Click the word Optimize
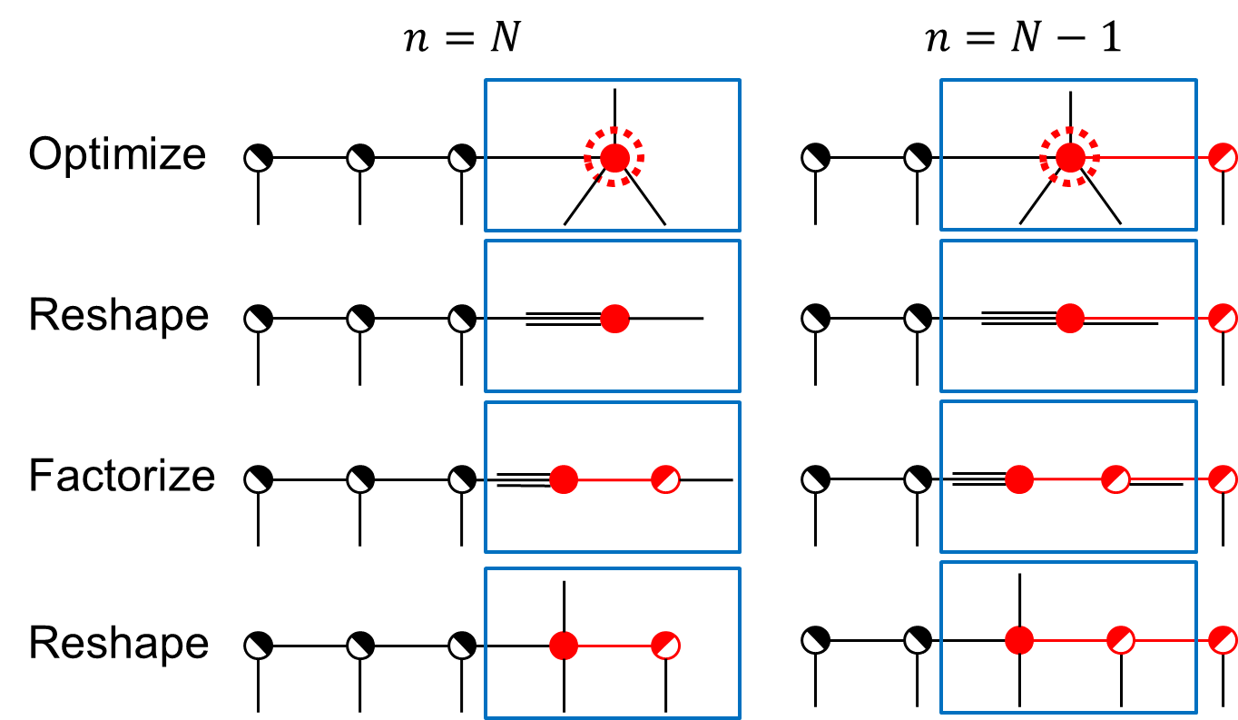[117, 155]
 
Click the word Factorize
[122, 477]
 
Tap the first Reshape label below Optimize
[119, 316]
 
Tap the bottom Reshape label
[119, 644]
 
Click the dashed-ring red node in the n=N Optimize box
[614, 158]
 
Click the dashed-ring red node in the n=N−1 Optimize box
[1070, 158]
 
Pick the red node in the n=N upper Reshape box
[614, 319]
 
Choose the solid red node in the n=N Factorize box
[564, 479]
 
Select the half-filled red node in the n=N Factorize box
[665, 479]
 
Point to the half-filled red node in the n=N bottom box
[665, 646]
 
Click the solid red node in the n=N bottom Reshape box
[564, 646]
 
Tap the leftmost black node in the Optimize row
[258, 158]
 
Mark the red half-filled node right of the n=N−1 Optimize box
[1223, 158]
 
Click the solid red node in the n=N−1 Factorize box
[1019, 479]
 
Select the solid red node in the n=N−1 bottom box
[1019, 640]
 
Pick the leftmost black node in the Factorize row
[258, 479]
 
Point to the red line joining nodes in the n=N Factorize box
[614, 479]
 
